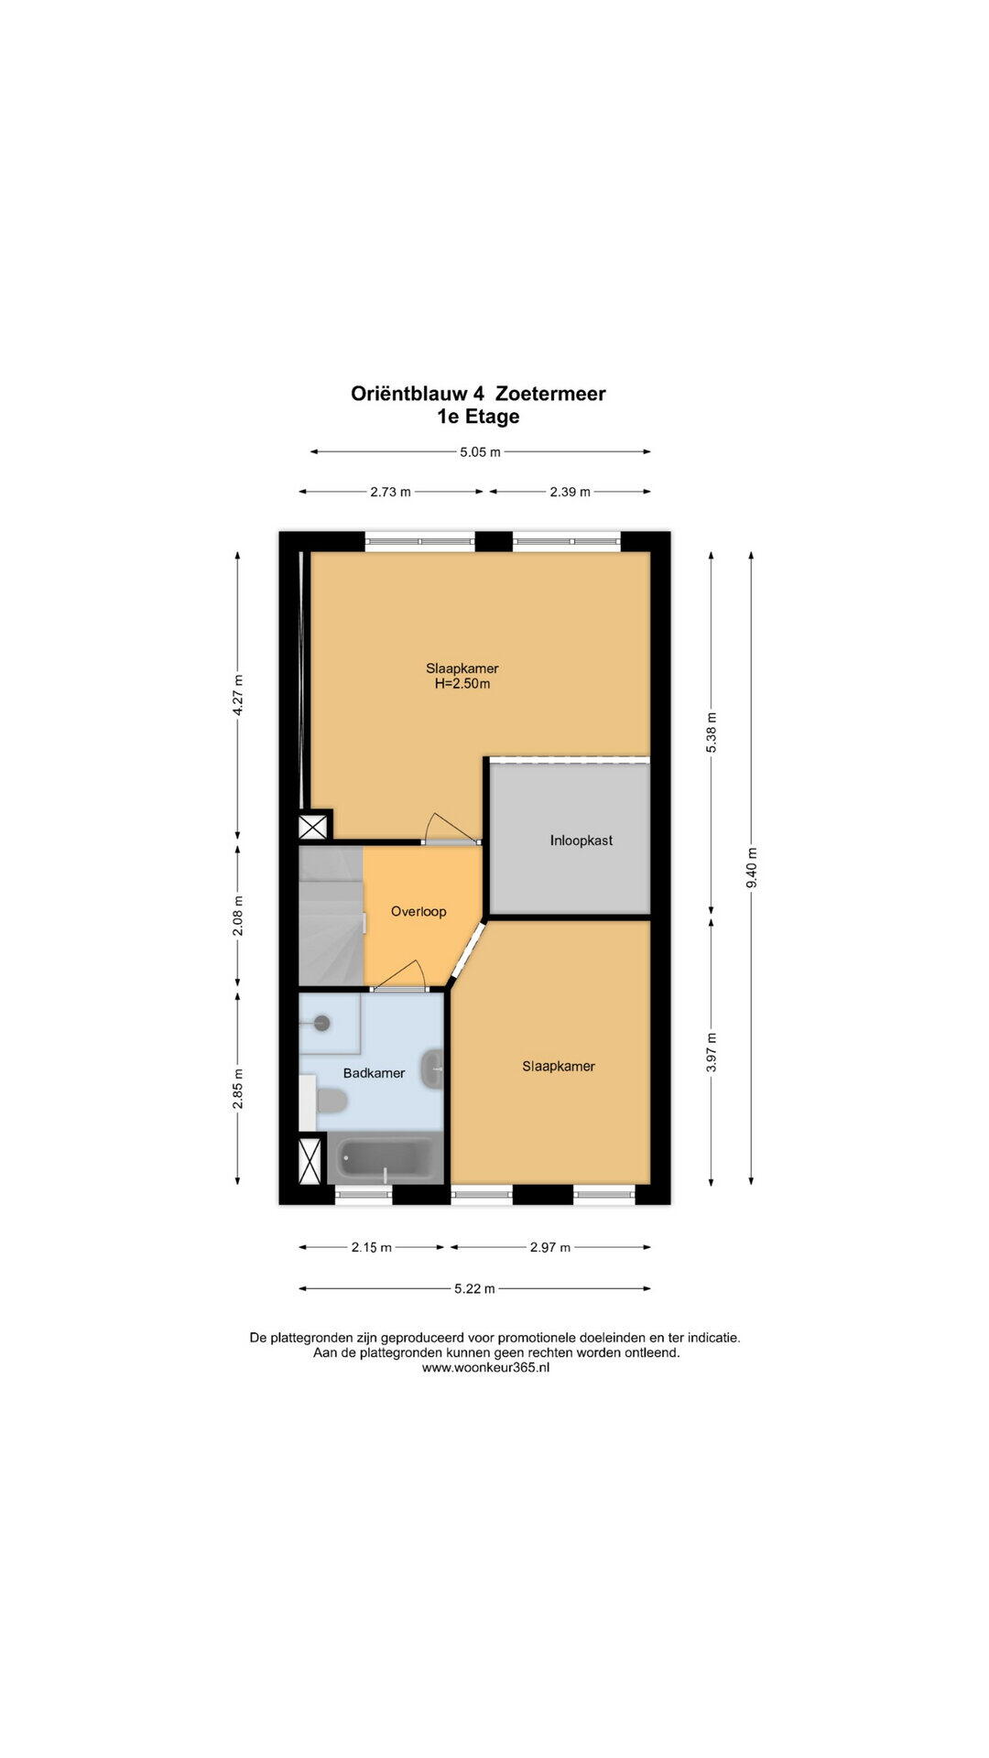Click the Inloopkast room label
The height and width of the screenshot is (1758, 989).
tap(581, 840)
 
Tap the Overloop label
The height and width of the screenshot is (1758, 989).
tap(418, 911)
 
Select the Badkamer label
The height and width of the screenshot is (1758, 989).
tap(374, 1072)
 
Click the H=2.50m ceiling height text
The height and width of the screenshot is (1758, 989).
tap(462, 683)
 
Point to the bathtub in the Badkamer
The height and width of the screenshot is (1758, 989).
tap(386, 1159)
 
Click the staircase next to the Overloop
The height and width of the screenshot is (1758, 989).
tap(331, 916)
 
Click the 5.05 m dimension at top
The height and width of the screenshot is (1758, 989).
tap(480, 451)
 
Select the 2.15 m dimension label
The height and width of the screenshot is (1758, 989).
tap(372, 1247)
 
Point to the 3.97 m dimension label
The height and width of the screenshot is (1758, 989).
tap(712, 1052)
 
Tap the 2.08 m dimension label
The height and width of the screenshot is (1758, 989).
tap(238, 918)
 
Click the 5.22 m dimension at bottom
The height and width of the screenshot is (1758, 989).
tap(474, 1289)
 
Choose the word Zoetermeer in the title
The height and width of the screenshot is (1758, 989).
tap(550, 394)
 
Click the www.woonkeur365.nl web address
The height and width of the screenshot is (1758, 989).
tap(485, 1367)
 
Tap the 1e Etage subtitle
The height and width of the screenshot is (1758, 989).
tap(478, 417)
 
